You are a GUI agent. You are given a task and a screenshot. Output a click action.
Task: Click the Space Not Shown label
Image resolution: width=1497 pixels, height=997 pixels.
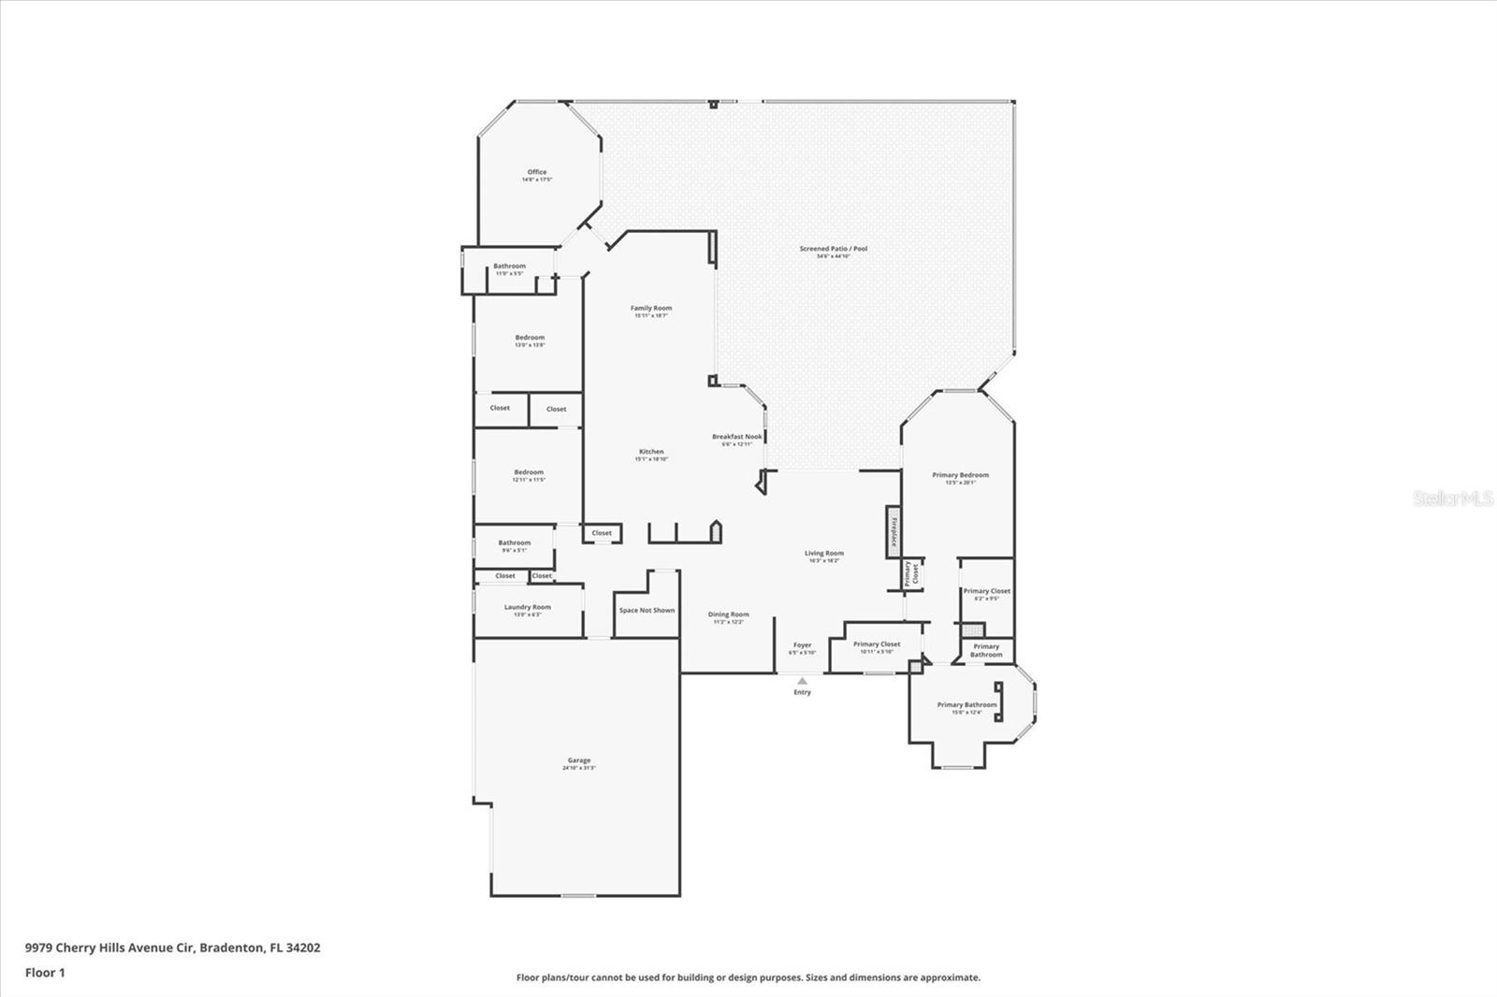647,611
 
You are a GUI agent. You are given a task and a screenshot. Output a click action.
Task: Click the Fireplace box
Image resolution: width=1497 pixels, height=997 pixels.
894,532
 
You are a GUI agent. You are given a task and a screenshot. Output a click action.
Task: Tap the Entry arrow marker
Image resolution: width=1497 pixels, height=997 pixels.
802,681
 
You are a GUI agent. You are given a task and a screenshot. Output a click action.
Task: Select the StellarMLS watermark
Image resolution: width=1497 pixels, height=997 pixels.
1453,499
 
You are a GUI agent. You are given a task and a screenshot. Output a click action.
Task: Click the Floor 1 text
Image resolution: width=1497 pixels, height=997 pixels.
45,973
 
